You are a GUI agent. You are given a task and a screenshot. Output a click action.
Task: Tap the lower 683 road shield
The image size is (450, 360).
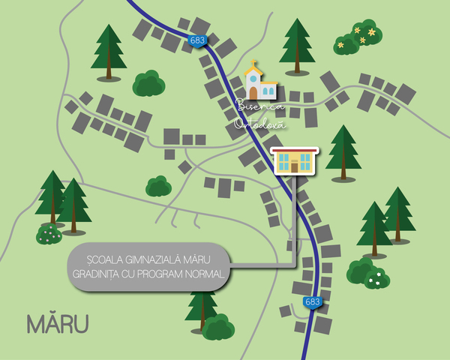point(313,301)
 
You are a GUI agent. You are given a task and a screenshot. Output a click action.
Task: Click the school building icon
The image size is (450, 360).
point(295,160)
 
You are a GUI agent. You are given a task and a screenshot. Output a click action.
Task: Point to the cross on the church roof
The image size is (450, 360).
point(254,63)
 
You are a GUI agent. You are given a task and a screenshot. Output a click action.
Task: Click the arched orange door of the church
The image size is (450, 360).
point(253,92)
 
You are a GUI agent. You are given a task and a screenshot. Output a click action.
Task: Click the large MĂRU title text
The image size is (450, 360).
point(57,324)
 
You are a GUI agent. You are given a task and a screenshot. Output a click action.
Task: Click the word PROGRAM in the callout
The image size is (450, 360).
point(169,274)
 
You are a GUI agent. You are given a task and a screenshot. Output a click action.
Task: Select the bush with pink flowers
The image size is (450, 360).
point(49,234)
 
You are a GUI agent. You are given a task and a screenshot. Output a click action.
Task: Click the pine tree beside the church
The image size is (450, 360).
point(297,45)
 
